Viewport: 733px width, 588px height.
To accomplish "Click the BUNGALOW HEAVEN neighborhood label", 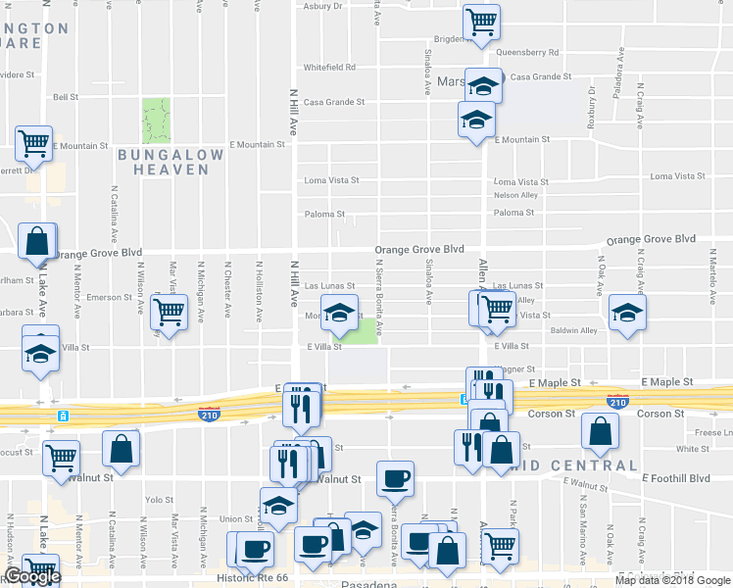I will click(164, 162).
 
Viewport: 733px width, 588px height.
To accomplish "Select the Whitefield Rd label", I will click(328, 68).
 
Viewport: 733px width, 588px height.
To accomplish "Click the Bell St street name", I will click(66, 97).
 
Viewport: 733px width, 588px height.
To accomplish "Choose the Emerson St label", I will click(109, 297).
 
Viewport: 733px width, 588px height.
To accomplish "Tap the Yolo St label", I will click(160, 499).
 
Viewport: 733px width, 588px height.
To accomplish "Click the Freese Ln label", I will click(712, 432).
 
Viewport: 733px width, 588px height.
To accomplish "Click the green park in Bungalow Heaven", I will click(156, 120).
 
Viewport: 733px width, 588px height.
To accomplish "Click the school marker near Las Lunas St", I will click(339, 315).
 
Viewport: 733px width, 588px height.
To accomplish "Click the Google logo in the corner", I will click(31, 577).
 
